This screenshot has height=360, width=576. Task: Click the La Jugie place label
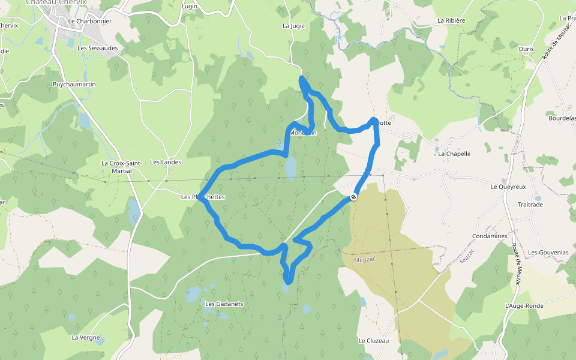pyautogui.click(x=293, y=26)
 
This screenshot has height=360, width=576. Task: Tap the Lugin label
pyautogui.click(x=189, y=6)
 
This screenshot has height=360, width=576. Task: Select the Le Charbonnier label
pyautogui.click(x=90, y=21)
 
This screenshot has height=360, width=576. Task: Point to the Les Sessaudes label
pyautogui.click(x=98, y=48)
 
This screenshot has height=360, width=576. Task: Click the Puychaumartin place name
pyautogui.click(x=74, y=85)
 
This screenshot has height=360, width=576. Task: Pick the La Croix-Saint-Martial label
pyautogui.click(x=121, y=167)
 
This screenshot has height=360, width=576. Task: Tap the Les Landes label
pyautogui.click(x=166, y=162)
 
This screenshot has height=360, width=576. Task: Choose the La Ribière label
pyautogui.click(x=451, y=20)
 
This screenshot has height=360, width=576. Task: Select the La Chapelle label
pyautogui.click(x=454, y=154)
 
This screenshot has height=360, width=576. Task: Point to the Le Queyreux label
pyautogui.click(x=508, y=187)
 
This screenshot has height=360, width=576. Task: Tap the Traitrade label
pyautogui.click(x=530, y=205)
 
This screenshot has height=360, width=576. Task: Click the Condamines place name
pyautogui.click(x=490, y=236)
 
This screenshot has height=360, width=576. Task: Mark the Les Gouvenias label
pyautogui.click(x=548, y=253)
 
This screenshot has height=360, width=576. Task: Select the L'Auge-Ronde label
pyautogui.click(x=524, y=306)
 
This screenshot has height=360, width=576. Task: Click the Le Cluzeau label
pyautogui.click(x=374, y=341)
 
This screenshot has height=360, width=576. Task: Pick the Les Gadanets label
pyautogui.click(x=224, y=304)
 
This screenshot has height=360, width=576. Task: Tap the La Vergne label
pyautogui.click(x=86, y=337)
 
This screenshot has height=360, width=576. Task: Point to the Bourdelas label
pyautogui.click(x=562, y=118)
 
